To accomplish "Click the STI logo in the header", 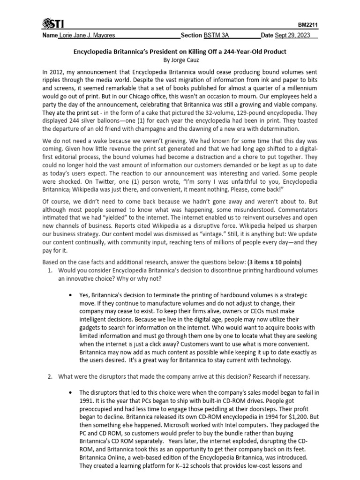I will (55, 23).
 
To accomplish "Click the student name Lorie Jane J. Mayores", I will (87, 36).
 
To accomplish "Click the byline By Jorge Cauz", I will (180, 60).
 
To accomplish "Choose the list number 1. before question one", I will (51, 270).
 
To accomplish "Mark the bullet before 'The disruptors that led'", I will (70, 392).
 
